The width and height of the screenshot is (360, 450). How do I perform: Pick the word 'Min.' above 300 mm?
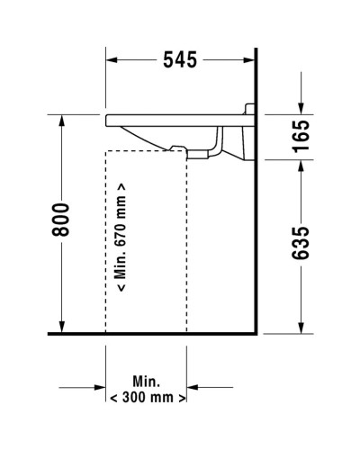tap(146, 380)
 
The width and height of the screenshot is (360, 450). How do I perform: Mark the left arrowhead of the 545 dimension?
tap(112, 60)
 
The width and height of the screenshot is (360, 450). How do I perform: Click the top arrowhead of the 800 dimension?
tap(61, 120)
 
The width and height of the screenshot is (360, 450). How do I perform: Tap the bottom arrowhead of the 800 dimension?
tap(61, 328)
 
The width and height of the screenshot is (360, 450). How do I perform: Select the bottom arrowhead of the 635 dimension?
tap(301, 328)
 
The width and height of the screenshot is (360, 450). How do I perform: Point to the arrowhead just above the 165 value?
tap(301, 109)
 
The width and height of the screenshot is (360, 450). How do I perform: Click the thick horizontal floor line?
tap(153, 335)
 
